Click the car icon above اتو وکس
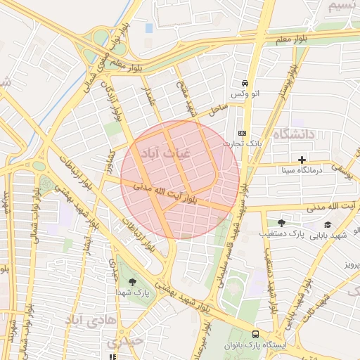click(244, 82)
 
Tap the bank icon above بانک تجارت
click(243, 132)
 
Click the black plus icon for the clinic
click(302, 160)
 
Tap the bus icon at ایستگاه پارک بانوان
click(255, 335)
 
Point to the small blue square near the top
click(148, 28)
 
